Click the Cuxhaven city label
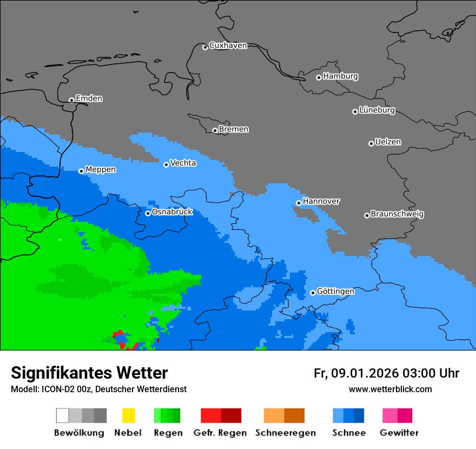(228, 45)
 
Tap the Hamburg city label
(340, 76)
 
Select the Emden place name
(89, 98)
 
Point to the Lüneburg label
(377, 110)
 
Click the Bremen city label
(234, 129)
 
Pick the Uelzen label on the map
(388, 142)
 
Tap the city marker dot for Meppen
(81, 171)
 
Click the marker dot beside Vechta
(166, 164)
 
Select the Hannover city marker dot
(299, 203)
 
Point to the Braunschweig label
(397, 214)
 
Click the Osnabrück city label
(172, 212)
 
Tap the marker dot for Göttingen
(313, 293)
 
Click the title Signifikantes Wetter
(89, 373)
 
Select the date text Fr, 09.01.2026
(356, 373)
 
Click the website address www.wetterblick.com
(390, 389)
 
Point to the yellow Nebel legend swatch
(128, 415)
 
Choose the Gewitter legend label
(399, 433)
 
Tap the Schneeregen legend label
(286, 433)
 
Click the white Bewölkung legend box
(63, 415)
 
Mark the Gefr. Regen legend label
(220, 433)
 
